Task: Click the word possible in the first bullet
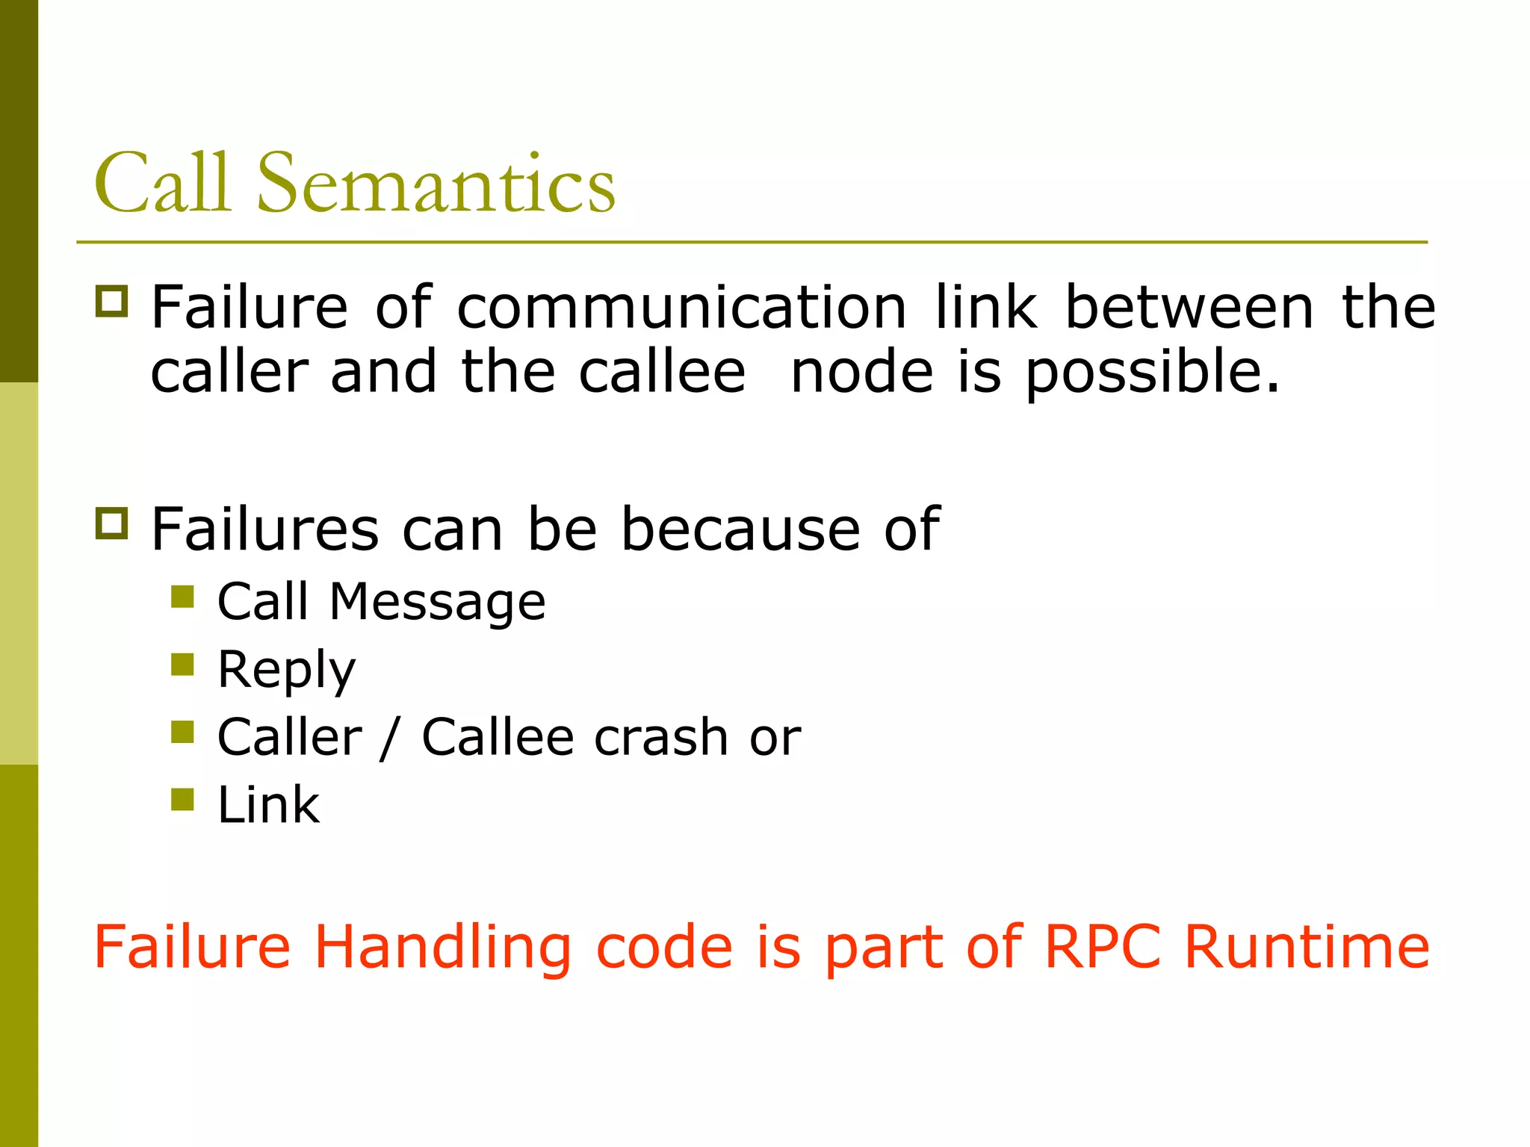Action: coord(1151,373)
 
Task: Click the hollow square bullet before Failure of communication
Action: coord(111,302)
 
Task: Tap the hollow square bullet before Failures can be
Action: coord(111,523)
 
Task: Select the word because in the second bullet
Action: coord(740,529)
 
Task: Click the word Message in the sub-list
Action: coord(437,602)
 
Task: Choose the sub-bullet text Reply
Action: coord(286,670)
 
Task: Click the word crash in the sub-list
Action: coord(661,737)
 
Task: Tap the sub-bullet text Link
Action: coord(268,805)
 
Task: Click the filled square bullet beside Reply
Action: coord(182,664)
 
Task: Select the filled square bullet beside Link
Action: coord(182,799)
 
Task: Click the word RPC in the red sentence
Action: coord(1102,947)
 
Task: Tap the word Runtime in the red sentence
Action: coord(1307,947)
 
